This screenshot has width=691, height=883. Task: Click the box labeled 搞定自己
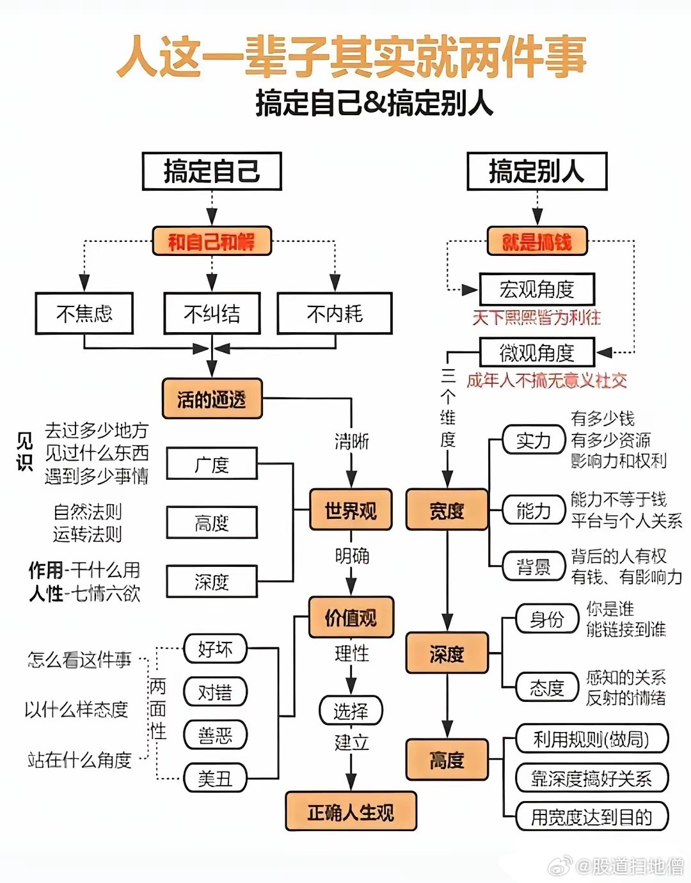(x=212, y=171)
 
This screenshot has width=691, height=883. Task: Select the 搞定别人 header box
(x=537, y=171)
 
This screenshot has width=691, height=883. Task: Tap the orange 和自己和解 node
(x=212, y=242)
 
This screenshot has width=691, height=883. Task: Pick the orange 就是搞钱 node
(x=537, y=242)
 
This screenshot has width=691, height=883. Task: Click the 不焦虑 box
(x=84, y=314)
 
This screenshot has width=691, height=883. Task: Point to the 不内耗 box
(x=335, y=314)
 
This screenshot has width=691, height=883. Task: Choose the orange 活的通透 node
(x=212, y=399)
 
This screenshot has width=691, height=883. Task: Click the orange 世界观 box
(x=351, y=511)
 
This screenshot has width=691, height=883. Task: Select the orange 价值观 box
(x=351, y=617)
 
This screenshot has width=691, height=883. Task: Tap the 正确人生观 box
(x=351, y=812)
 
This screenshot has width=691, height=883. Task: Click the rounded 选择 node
(x=351, y=710)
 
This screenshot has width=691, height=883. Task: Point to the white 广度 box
(x=212, y=464)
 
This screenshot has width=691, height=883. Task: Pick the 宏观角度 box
(x=537, y=290)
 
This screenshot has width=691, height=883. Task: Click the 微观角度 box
(x=537, y=353)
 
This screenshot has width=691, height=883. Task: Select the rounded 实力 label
(x=534, y=440)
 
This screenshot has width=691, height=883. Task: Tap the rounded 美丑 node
(x=215, y=778)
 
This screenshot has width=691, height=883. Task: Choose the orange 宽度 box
(x=447, y=511)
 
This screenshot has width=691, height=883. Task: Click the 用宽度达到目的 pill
(x=591, y=817)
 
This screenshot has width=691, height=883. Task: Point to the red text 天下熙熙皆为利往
(x=537, y=317)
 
